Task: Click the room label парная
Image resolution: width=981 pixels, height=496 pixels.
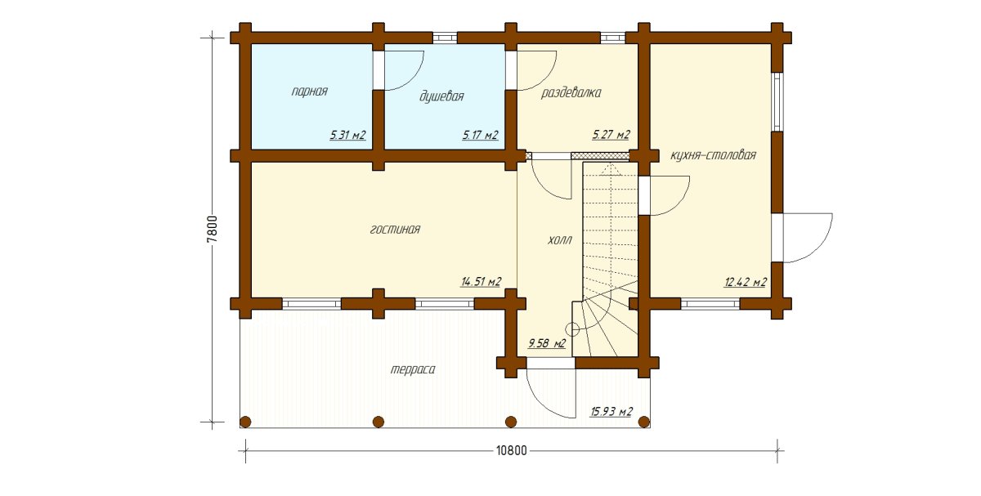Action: pyautogui.click(x=309, y=92)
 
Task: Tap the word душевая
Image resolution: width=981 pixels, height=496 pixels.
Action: pyautogui.click(x=441, y=96)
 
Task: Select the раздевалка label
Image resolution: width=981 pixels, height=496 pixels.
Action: pyautogui.click(x=571, y=93)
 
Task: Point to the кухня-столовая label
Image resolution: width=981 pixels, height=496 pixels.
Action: pyautogui.click(x=714, y=155)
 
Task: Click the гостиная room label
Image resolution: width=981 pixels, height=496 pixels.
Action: pyautogui.click(x=395, y=230)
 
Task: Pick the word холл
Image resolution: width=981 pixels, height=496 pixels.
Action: pyautogui.click(x=560, y=240)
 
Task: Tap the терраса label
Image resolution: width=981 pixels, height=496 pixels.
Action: pyautogui.click(x=413, y=369)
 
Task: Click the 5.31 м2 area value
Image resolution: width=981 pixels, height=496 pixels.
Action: pyautogui.click(x=347, y=135)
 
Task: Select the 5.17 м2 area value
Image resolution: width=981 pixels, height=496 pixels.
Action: pyautogui.click(x=481, y=135)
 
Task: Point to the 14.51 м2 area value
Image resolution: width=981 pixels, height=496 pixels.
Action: pyautogui.click(x=481, y=281)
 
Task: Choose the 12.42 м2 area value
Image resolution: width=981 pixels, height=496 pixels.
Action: pyautogui.click(x=746, y=282)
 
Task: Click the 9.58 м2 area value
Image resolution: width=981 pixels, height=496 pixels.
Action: pyautogui.click(x=547, y=343)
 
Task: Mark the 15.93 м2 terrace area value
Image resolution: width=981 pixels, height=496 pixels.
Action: pyautogui.click(x=611, y=412)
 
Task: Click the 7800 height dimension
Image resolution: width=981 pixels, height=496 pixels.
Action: pyautogui.click(x=213, y=229)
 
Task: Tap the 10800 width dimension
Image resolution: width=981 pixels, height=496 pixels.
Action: pyautogui.click(x=512, y=450)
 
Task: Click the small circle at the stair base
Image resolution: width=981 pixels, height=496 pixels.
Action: pyautogui.click(x=572, y=328)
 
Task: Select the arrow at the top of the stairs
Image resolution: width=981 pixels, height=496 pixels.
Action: pyautogui.click(x=611, y=169)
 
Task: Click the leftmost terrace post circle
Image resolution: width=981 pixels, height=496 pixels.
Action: pyautogui.click(x=246, y=422)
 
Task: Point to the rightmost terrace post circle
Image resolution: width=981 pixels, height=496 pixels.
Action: pyautogui.click(x=644, y=422)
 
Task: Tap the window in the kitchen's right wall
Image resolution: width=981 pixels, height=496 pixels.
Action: pyautogui.click(x=777, y=101)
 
